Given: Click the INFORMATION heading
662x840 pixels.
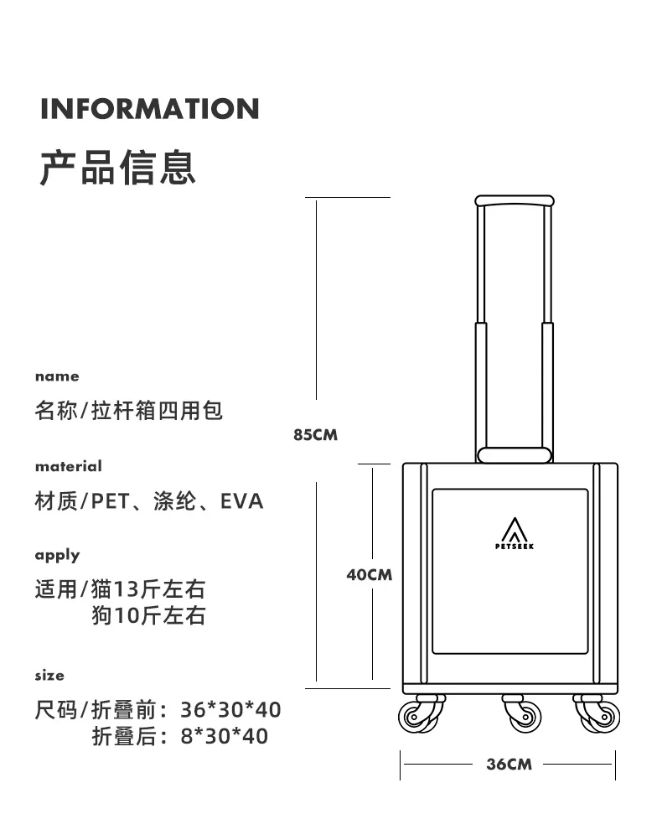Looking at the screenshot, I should coord(150,109).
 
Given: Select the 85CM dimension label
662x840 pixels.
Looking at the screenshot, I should coord(315,435).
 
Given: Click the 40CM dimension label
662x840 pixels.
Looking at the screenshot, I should coord(370,575).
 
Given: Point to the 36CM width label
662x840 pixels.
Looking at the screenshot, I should coord(509,764).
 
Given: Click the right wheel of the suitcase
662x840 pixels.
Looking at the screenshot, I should coord(598,716).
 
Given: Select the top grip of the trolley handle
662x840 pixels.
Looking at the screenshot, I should coord(515,201).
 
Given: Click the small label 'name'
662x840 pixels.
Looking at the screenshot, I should coord(57,376).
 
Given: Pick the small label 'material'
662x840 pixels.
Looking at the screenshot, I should coord(68,466).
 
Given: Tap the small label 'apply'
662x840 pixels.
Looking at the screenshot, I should coord(57,555).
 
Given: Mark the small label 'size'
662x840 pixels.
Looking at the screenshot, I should coord(49,675).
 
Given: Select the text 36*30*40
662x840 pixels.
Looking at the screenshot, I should coord(230,710).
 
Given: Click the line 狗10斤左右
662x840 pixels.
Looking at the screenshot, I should coord(148,615).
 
